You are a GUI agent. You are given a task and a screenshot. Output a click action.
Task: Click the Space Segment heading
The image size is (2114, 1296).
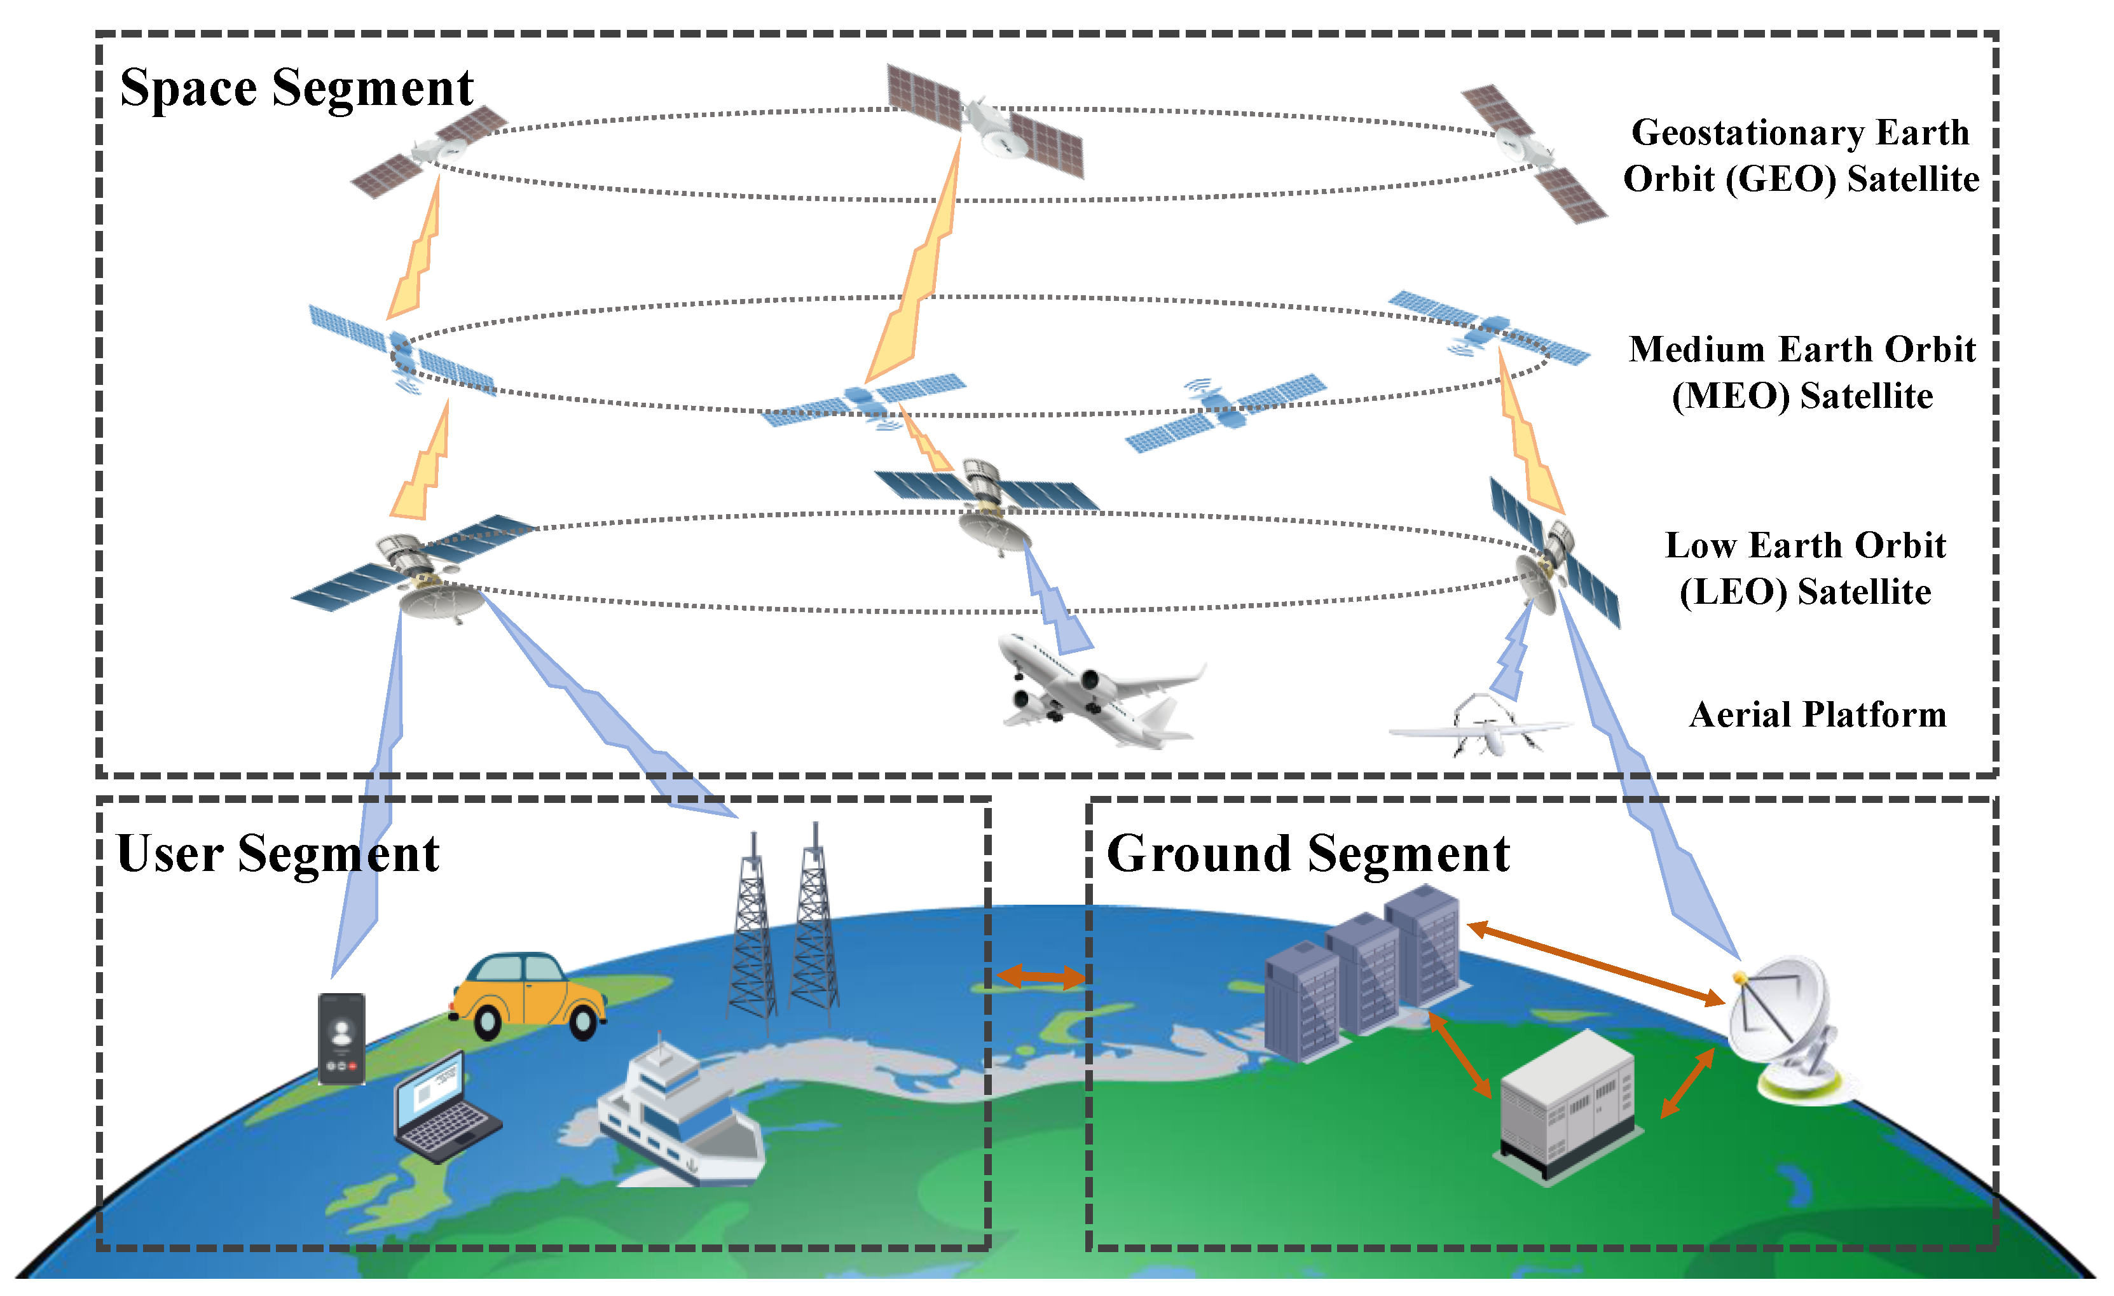(x=296, y=89)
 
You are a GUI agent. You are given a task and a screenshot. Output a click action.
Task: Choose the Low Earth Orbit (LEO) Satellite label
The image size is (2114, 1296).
(x=1805, y=569)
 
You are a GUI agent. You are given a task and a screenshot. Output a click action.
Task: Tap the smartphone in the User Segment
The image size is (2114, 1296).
(x=341, y=1038)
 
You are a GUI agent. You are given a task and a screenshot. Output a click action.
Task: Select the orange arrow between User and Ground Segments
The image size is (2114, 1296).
(x=1041, y=976)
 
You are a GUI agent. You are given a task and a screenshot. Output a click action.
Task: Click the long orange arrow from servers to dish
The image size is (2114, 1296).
(x=1596, y=964)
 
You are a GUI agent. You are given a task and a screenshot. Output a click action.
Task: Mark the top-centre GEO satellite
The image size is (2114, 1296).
(x=985, y=123)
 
